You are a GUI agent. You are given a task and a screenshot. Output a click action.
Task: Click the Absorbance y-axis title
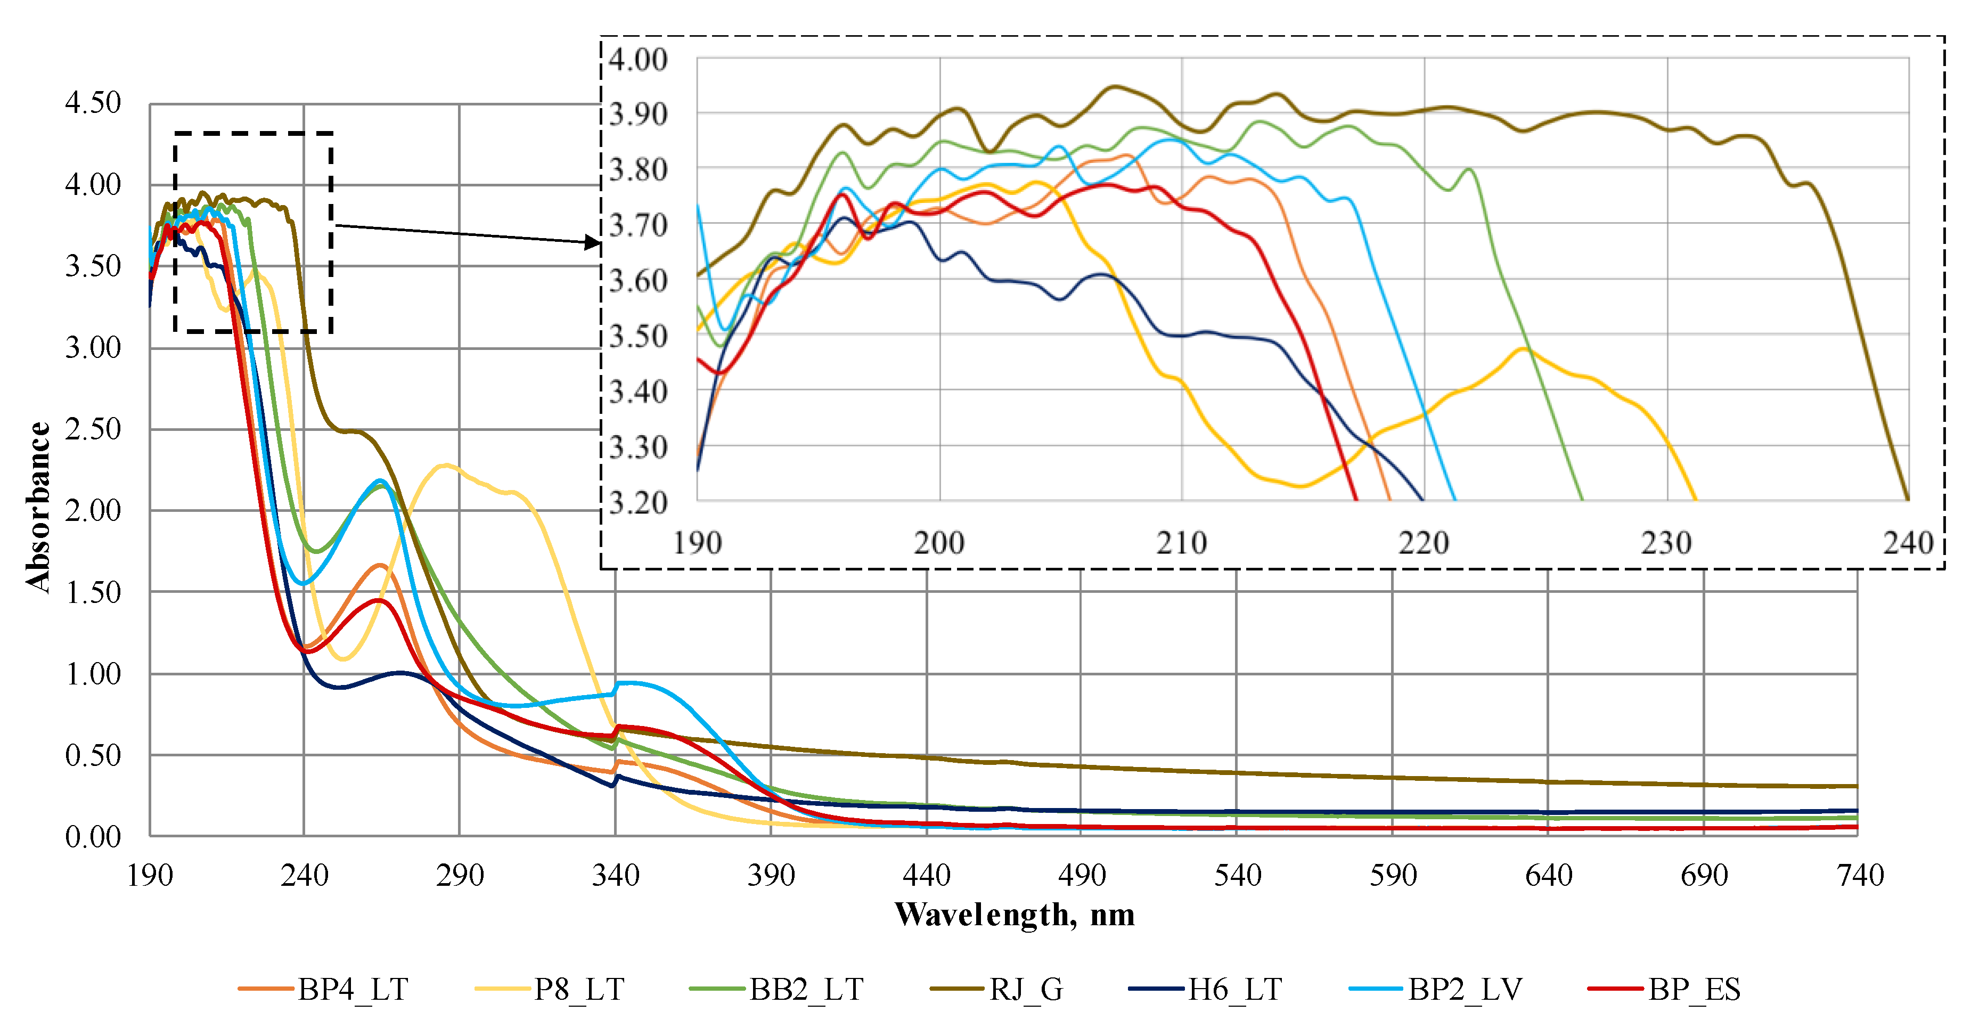coord(38,507)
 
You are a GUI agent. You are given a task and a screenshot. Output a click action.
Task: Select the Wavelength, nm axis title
coord(1014,915)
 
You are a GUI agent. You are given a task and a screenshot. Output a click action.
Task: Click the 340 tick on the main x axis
coord(615,875)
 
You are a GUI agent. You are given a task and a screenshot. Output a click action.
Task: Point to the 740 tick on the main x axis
coord(1859,875)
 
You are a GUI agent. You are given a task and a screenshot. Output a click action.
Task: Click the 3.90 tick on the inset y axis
coord(638,114)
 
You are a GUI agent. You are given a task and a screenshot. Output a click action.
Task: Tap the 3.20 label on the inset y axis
coord(638,503)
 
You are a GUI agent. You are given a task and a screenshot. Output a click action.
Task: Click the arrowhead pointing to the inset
coord(593,242)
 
